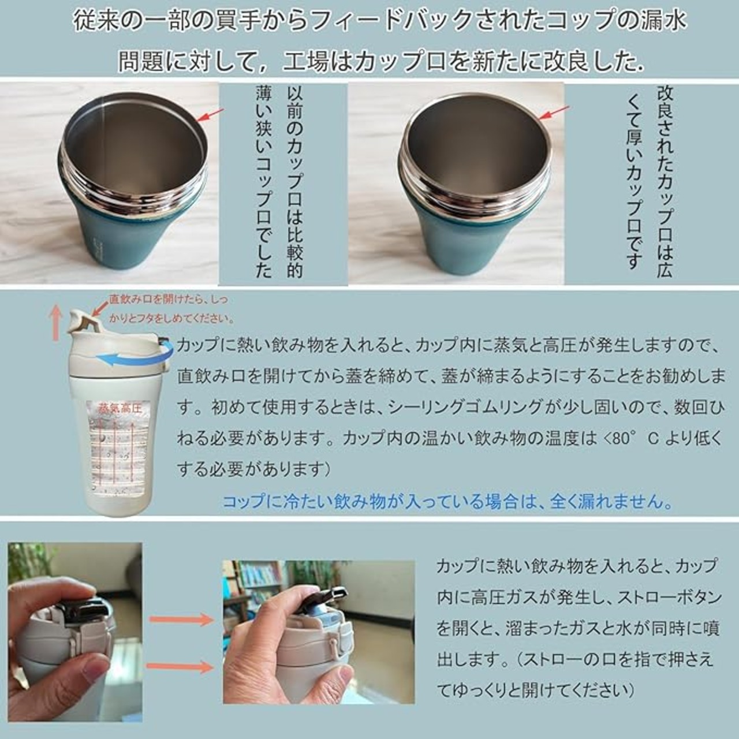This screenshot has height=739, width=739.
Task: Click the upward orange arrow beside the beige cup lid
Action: pos(57,324)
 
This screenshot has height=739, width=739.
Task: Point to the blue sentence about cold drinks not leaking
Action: pos(447,501)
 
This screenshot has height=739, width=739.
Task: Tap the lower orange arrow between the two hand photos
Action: pos(180,667)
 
